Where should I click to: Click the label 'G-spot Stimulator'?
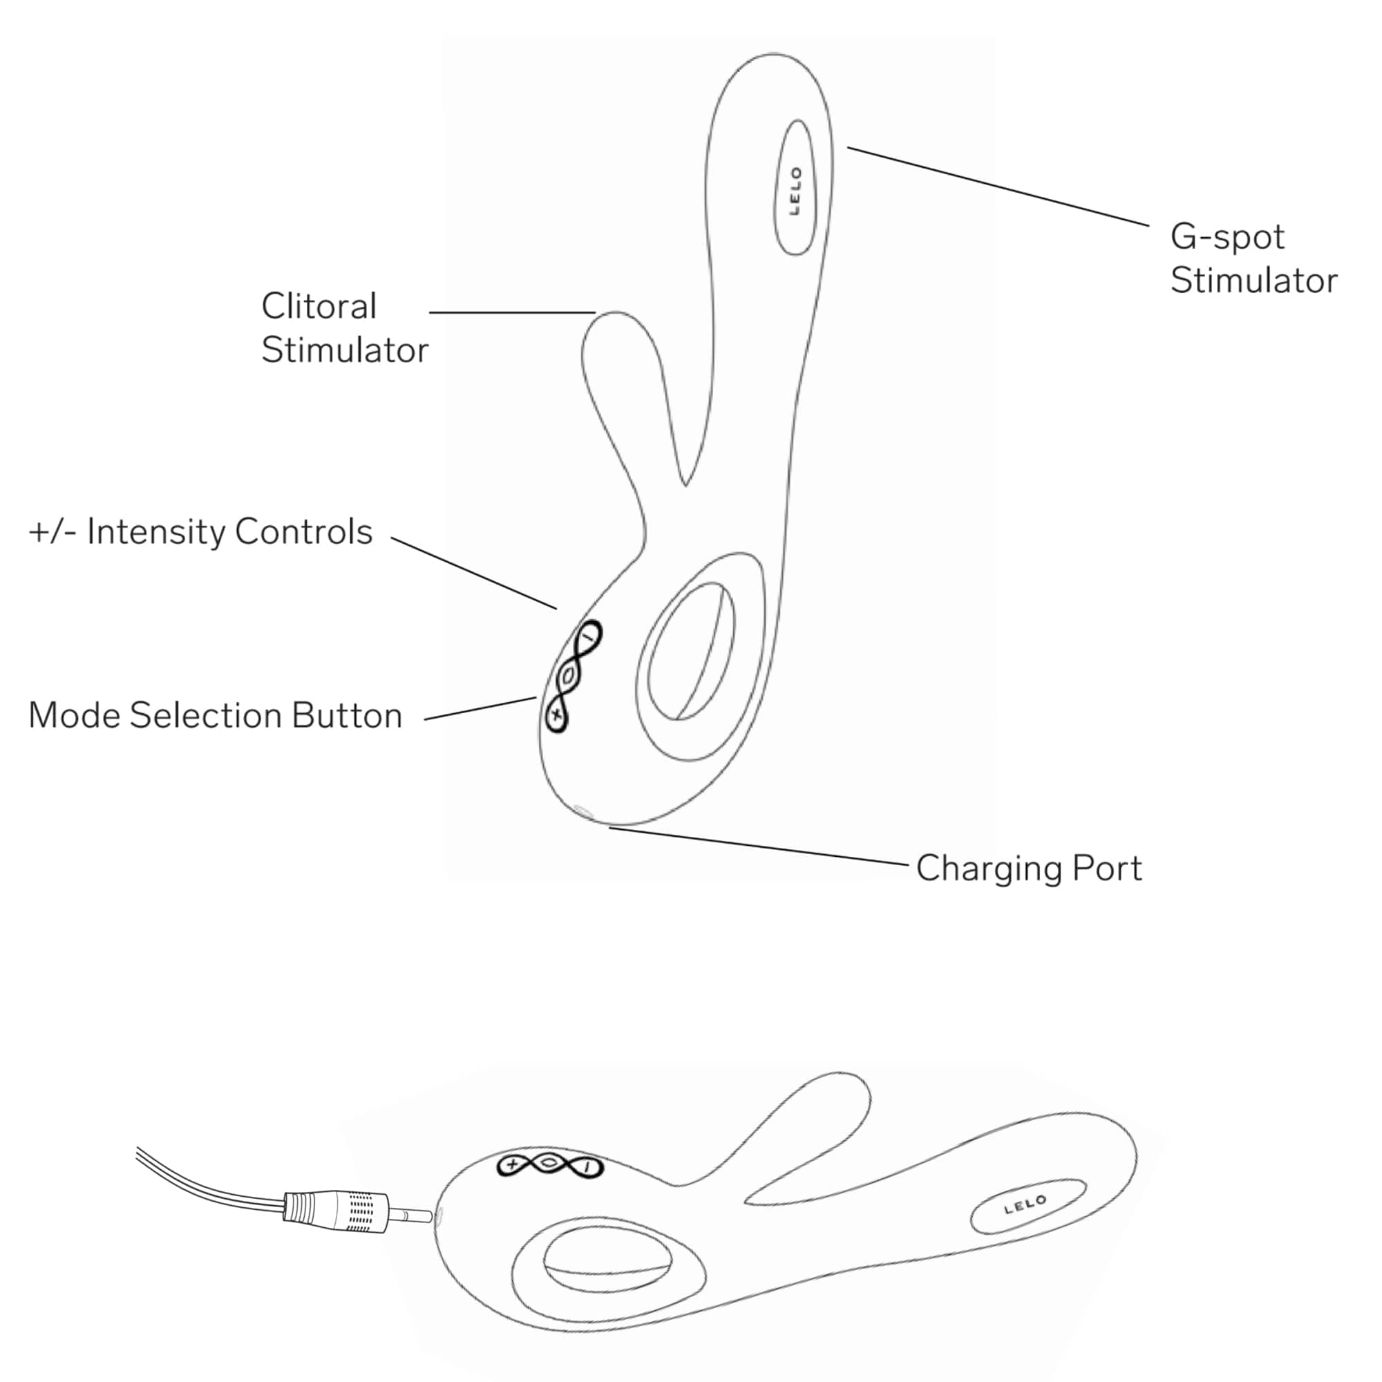1253,258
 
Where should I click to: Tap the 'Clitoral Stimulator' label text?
345,328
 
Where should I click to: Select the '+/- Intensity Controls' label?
200,531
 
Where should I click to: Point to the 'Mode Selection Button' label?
216,715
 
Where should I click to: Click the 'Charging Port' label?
1029,869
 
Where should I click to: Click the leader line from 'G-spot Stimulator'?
998,187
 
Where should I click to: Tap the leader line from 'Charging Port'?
758,846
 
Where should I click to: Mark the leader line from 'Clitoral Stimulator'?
512,312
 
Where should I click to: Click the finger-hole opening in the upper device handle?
690,652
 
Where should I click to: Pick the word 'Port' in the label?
1106,869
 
